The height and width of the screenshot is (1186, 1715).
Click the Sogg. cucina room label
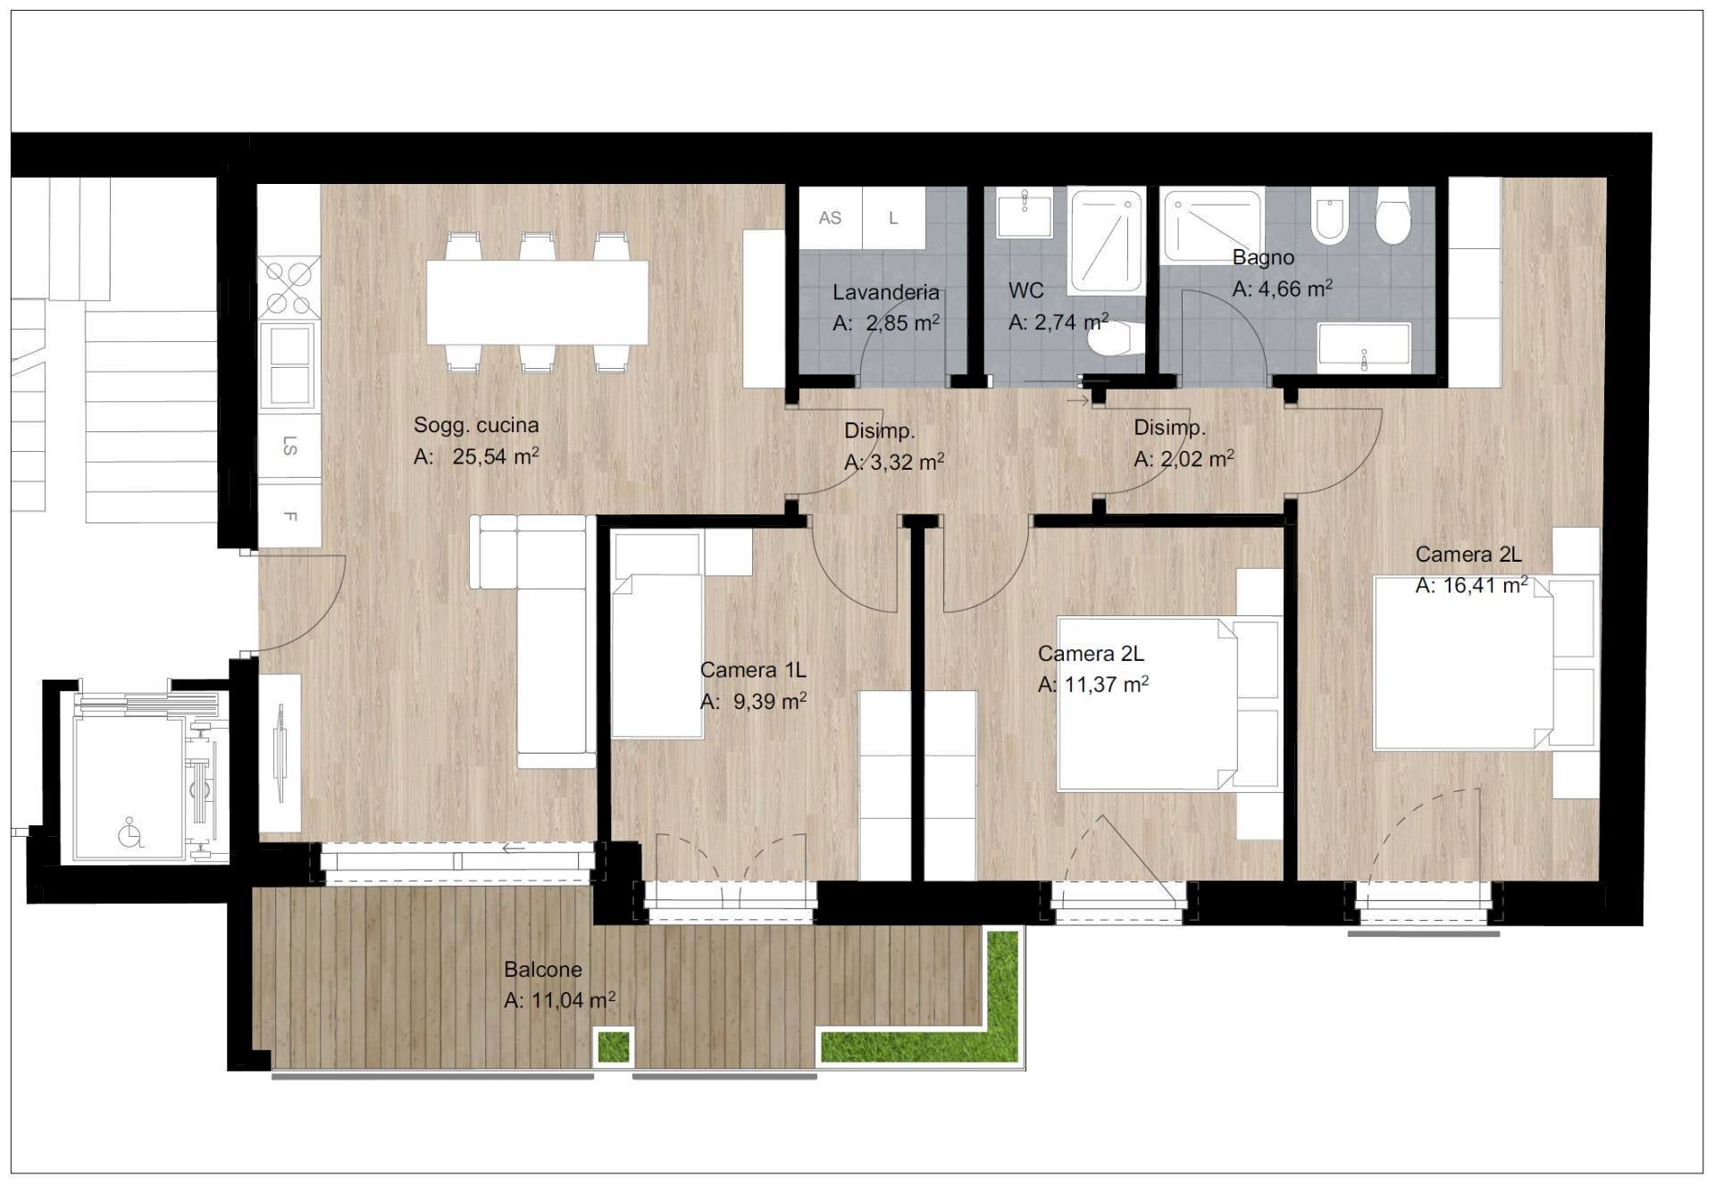475,425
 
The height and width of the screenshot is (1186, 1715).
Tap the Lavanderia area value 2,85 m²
901,323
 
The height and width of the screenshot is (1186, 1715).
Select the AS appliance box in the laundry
830,218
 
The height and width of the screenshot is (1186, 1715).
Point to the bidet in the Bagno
1329,220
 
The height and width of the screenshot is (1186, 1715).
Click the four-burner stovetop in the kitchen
289,288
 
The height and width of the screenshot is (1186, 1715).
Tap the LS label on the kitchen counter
289,446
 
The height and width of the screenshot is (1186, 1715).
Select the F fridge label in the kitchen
289,516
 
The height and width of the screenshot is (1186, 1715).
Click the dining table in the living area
537,302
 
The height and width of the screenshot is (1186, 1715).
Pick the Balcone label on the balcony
542,969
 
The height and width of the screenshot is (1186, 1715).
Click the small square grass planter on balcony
613,1046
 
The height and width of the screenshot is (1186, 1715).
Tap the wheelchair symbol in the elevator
130,833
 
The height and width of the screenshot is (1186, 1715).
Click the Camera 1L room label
752,670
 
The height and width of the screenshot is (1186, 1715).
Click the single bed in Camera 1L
657,656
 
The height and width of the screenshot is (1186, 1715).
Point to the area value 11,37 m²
1105,685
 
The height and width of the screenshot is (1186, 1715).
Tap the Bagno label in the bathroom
1262,257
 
